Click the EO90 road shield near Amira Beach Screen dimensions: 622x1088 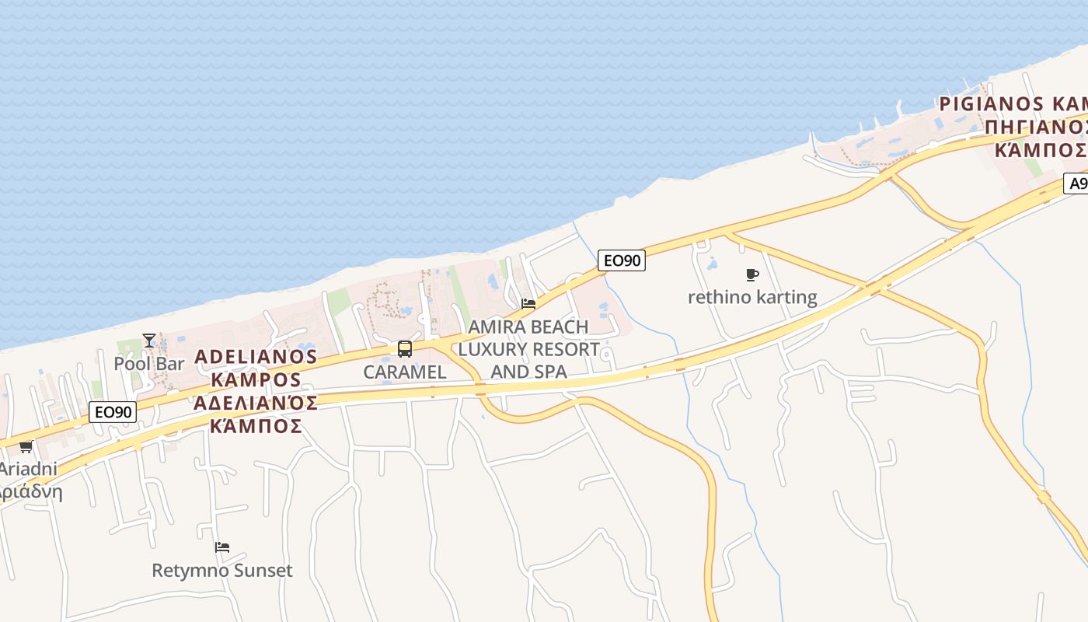pyautogui.click(x=622, y=260)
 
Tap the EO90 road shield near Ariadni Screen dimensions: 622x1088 pyautogui.click(x=113, y=412)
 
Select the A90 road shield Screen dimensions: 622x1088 pyautogui.click(x=1077, y=183)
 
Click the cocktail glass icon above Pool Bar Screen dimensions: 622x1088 pyautogui.click(x=149, y=341)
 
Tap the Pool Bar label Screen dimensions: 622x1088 pyautogui.click(x=149, y=363)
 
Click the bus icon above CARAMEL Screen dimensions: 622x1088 pyautogui.click(x=405, y=349)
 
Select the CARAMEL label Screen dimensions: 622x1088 pyautogui.click(x=405, y=372)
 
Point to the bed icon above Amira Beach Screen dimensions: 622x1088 pyautogui.click(x=528, y=303)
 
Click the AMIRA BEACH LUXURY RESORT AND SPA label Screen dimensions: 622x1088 pyautogui.click(x=528, y=349)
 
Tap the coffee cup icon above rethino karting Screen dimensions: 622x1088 pyautogui.click(x=751, y=274)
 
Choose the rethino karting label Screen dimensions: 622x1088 pyautogui.click(x=752, y=297)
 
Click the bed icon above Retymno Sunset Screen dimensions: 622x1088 pyautogui.click(x=222, y=547)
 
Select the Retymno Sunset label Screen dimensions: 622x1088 pyautogui.click(x=222, y=570)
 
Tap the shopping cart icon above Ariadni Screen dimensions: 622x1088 pyautogui.click(x=26, y=447)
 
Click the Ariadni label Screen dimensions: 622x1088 pyautogui.click(x=28, y=469)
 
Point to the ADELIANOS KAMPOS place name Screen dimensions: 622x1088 pyautogui.click(x=256, y=369)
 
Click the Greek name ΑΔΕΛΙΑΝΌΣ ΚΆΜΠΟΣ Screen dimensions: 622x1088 pyautogui.click(x=256, y=414)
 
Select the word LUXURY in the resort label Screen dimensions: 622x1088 pyautogui.click(x=528, y=349)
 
